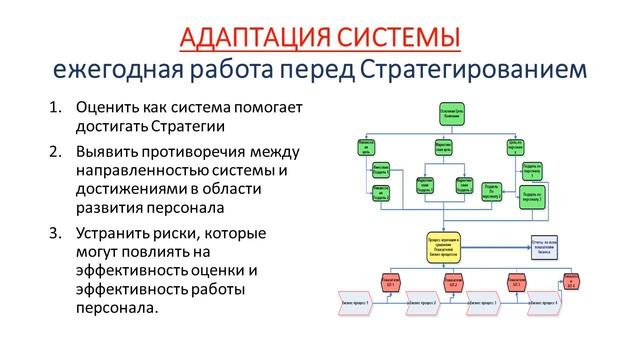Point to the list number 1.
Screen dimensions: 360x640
[54, 107]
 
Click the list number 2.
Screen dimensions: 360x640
[54, 151]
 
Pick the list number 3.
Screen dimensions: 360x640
[54, 234]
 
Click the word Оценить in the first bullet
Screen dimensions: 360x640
[107, 107]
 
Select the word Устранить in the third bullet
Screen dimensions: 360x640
[116, 234]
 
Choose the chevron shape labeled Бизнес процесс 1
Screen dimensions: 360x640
[356, 302]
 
